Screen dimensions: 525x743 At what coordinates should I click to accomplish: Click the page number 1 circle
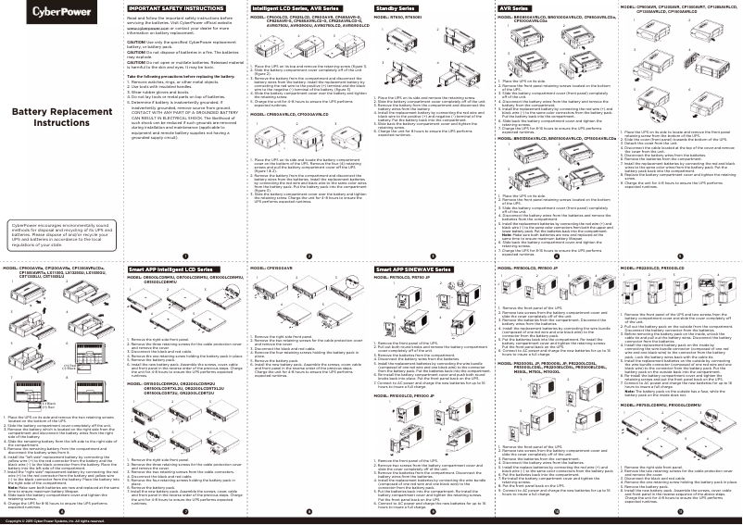pos(184,255)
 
